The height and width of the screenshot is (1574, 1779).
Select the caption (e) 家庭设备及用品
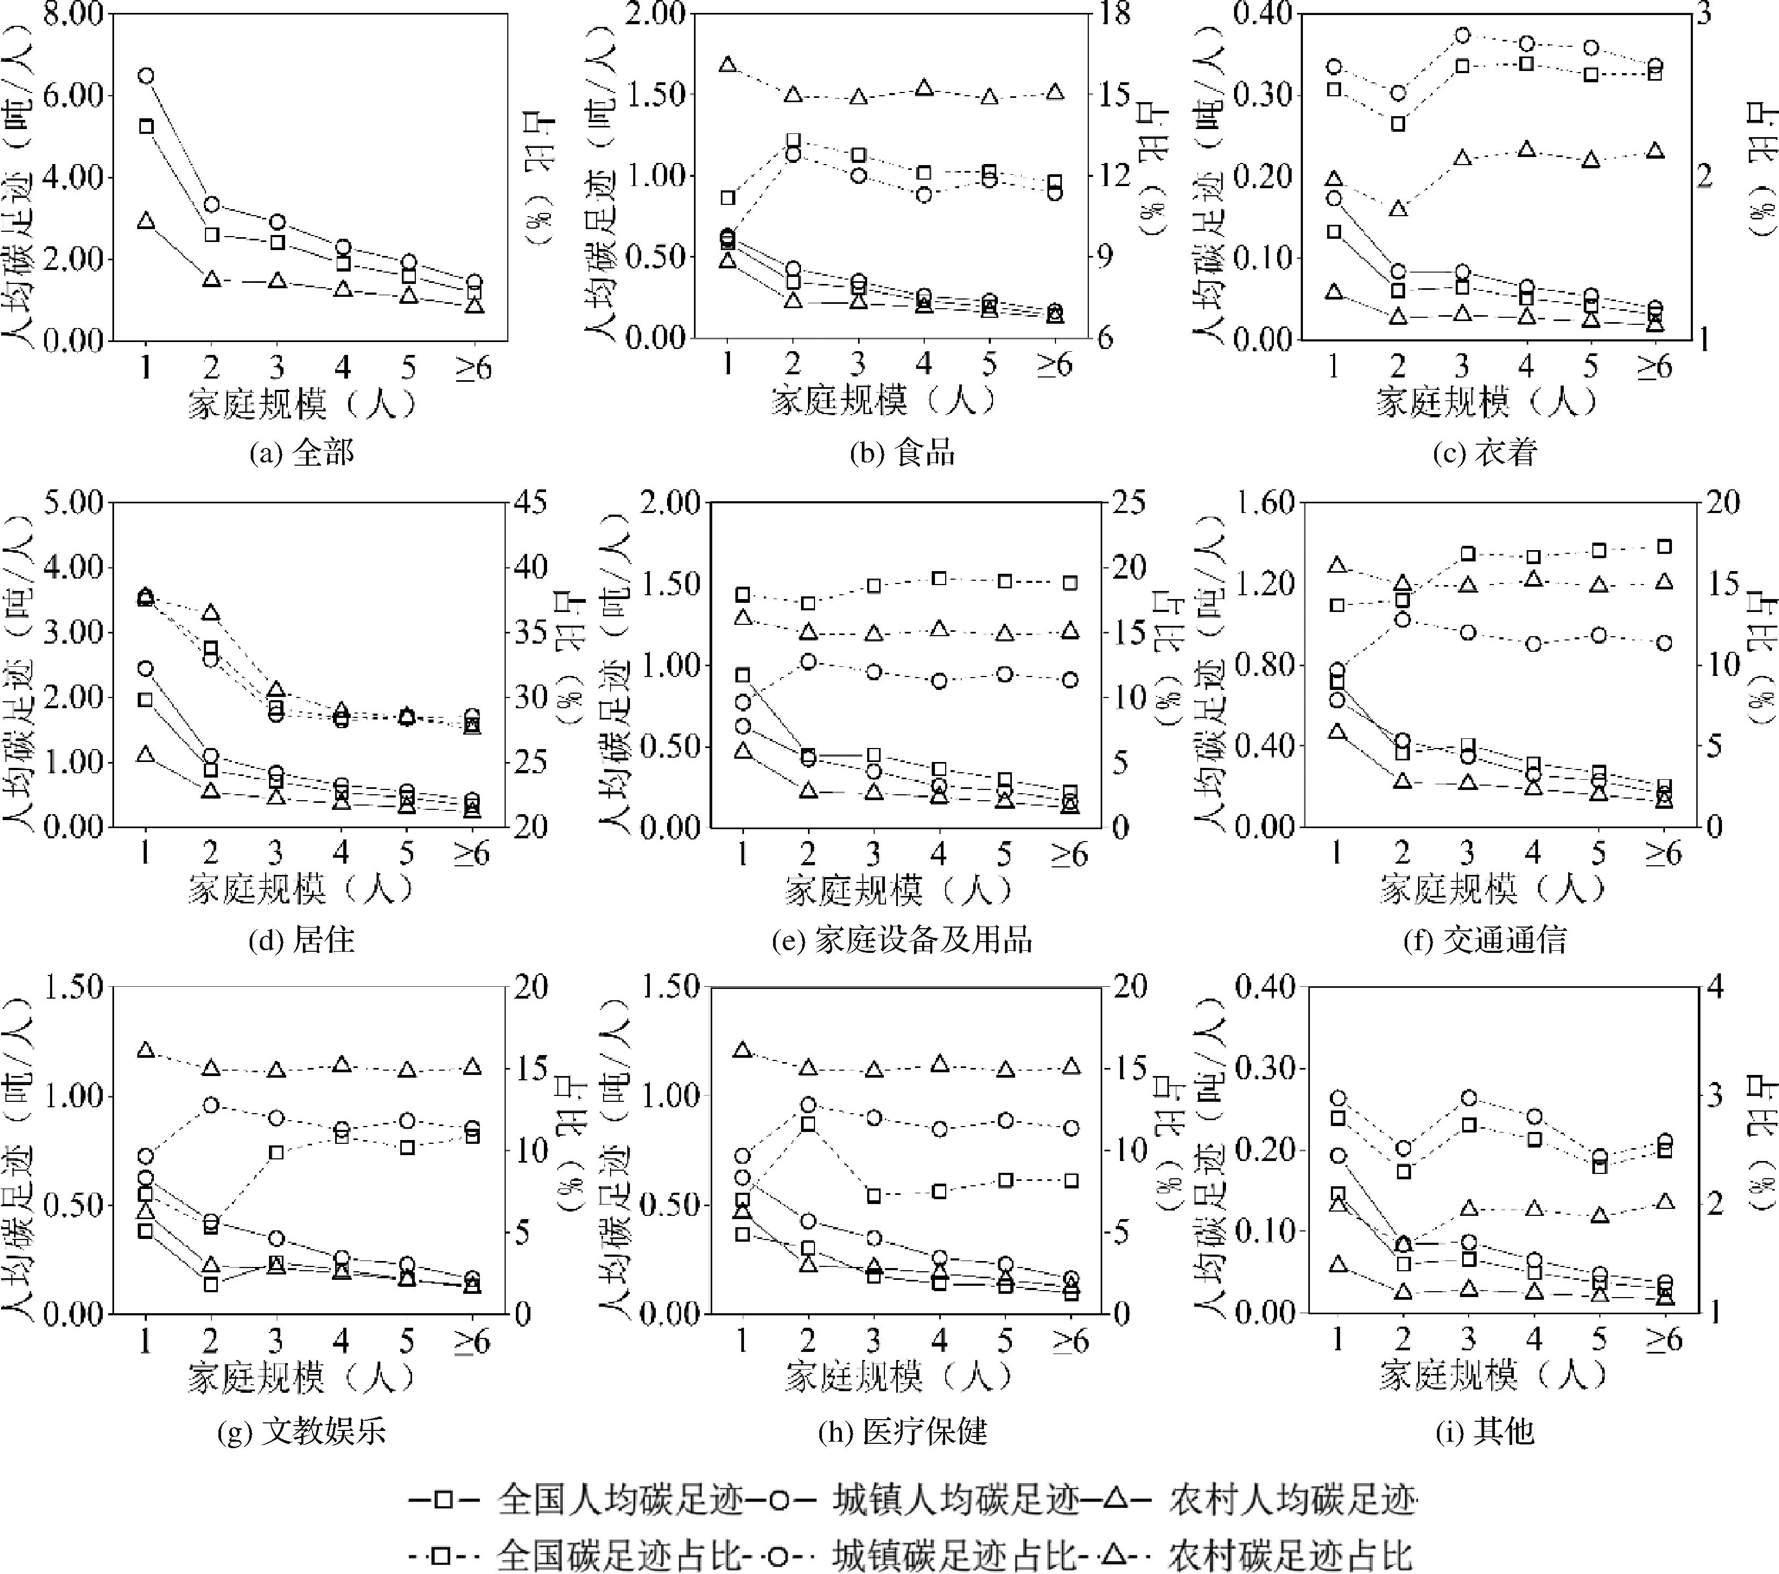coord(902,939)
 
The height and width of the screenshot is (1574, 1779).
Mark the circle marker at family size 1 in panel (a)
coord(146,76)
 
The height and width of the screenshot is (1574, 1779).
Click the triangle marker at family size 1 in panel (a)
coord(146,221)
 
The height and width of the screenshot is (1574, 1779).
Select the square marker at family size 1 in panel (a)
coord(146,126)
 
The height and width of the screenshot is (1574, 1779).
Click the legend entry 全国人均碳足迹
coord(620,1499)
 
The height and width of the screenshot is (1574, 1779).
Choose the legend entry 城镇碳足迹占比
coord(955,1555)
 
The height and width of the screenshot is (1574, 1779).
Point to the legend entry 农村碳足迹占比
coord(1290,1555)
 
